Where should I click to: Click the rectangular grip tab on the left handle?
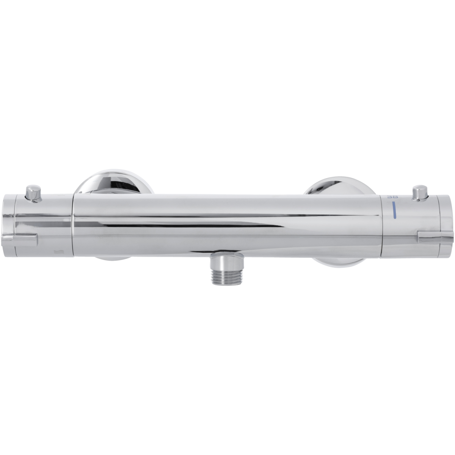[x=19, y=239]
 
